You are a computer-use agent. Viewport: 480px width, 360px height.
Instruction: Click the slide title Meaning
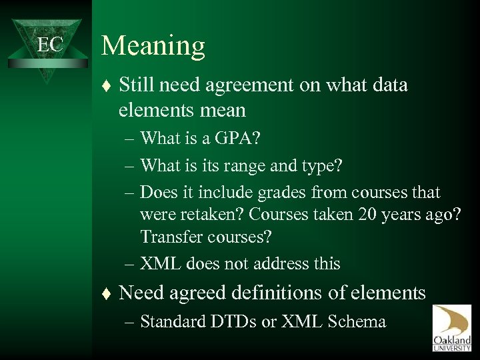[x=153, y=45]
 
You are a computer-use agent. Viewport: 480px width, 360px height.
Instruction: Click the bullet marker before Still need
[x=109, y=86]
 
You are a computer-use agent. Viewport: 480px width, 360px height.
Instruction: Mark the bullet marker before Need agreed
[x=109, y=293]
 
